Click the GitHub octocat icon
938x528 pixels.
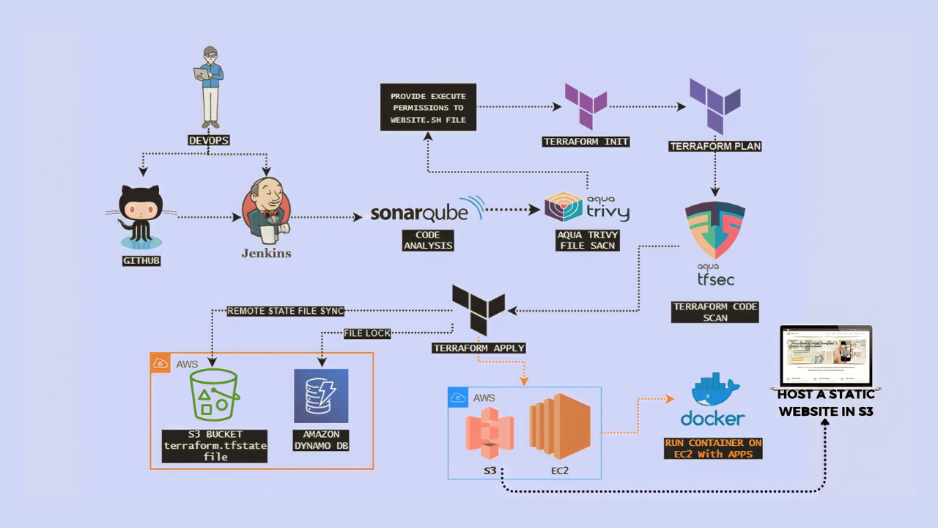(141, 216)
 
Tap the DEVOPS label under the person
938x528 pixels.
(209, 140)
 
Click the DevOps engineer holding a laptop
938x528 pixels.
(210, 87)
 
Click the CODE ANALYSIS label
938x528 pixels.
(428, 240)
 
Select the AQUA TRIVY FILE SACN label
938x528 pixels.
(587, 240)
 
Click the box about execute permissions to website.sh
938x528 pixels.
(428, 107)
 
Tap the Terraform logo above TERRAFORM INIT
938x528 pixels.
(586, 106)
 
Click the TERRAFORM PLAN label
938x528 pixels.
(715, 146)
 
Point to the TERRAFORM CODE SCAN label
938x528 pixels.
(715, 312)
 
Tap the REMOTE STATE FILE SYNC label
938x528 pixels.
(285, 311)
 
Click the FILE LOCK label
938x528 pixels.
(367, 333)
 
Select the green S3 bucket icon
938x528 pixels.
(214, 395)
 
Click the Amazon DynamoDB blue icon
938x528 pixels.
(321, 396)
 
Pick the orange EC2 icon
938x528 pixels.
(560, 426)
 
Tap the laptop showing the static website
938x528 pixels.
(826, 357)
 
